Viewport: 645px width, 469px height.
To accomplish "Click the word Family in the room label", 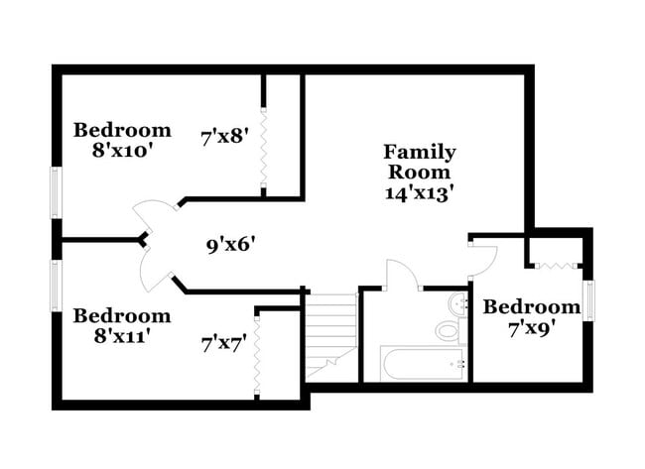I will [420, 152].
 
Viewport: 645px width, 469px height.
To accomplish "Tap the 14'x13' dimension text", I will [420, 193].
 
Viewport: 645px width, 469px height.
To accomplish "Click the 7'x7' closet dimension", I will [224, 344].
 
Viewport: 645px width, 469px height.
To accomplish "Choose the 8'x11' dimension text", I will [122, 336].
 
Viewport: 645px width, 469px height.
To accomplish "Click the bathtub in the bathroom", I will [422, 363].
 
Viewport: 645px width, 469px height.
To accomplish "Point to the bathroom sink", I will [458, 302].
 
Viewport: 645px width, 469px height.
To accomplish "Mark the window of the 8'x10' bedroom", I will [57, 190].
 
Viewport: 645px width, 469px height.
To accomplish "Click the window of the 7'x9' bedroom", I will [589, 300].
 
